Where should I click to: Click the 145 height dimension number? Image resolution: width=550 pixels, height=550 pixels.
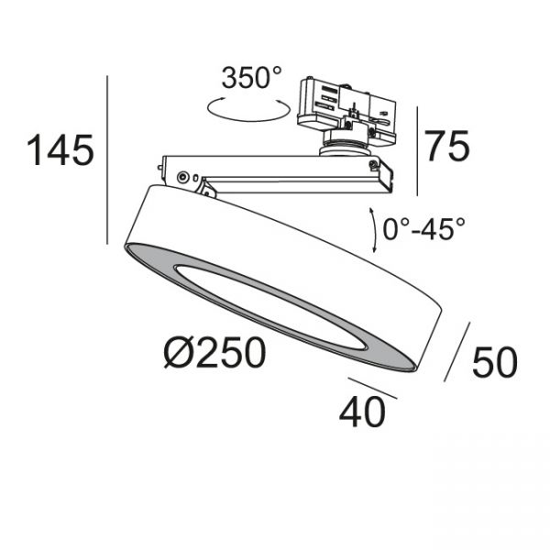click(x=60, y=150)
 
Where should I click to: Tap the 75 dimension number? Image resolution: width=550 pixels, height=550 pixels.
click(x=447, y=146)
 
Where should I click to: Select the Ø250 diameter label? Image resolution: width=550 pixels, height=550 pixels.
click(x=214, y=352)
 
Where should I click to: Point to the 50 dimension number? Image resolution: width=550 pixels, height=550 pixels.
click(x=495, y=363)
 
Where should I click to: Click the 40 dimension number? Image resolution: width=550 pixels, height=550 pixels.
click(x=362, y=412)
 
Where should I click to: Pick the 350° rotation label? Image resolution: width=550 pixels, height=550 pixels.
click(x=251, y=78)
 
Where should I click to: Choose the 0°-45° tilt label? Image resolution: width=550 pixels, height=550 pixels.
click(x=423, y=228)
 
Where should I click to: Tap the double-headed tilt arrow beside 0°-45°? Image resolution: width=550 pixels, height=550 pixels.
click(x=372, y=230)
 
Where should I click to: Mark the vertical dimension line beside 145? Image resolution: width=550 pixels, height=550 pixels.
click(x=107, y=159)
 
